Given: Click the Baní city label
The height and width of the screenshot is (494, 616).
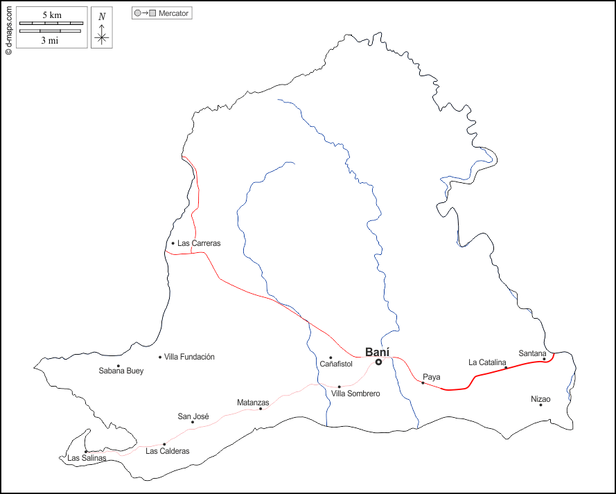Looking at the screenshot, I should coord(377,351).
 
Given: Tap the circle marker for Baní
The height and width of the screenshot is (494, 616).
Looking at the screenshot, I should coord(379,362).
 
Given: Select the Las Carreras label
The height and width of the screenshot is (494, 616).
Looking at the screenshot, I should coord(199,243).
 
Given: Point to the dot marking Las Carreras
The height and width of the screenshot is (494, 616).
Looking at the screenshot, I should coord(173,243).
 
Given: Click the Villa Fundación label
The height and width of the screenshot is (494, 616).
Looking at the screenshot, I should coord(189,357).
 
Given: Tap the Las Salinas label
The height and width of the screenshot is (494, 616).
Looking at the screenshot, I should coord(87,458).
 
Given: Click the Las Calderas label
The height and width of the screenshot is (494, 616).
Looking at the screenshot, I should coord(168,451).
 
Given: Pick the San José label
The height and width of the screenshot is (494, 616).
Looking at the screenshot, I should coord(193,416).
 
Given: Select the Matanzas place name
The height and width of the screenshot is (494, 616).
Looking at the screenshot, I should coord(253,403).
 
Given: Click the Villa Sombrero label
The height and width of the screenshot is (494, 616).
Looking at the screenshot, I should coord(355,394).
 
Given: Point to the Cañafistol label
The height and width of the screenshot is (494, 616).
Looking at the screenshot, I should coord(336,364).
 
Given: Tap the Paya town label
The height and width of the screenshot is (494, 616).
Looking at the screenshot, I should coord(432,377).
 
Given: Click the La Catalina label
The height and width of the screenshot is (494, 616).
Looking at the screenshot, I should coord(488,362).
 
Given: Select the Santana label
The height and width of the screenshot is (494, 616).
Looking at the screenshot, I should coord(533,353).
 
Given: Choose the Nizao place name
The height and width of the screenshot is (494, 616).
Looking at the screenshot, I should coord(540,398).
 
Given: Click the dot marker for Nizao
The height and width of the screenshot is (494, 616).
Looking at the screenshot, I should coord(540,405).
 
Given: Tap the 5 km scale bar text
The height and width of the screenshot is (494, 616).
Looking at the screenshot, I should coord(51,15).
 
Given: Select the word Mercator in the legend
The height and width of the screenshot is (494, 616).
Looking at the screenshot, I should coord(174,13).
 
